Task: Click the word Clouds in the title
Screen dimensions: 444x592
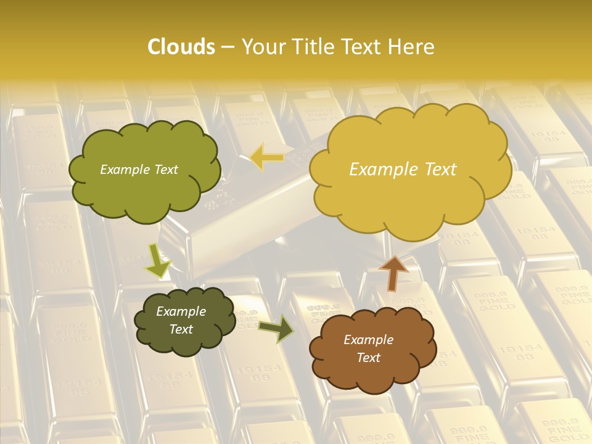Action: [181, 47]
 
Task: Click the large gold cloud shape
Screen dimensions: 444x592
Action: [410, 197]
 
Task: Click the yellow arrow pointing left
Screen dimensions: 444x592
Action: [267, 157]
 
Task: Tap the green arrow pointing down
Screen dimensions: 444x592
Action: [158, 260]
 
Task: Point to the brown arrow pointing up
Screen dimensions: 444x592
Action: [393, 272]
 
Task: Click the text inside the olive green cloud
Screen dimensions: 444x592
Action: [139, 170]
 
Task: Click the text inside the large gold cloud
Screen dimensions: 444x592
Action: [403, 170]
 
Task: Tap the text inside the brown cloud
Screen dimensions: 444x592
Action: [369, 348]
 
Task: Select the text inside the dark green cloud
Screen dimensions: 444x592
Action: [181, 320]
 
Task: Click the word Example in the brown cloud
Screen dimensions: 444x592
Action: [368, 340]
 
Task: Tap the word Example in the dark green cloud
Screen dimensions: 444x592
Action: [181, 311]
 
